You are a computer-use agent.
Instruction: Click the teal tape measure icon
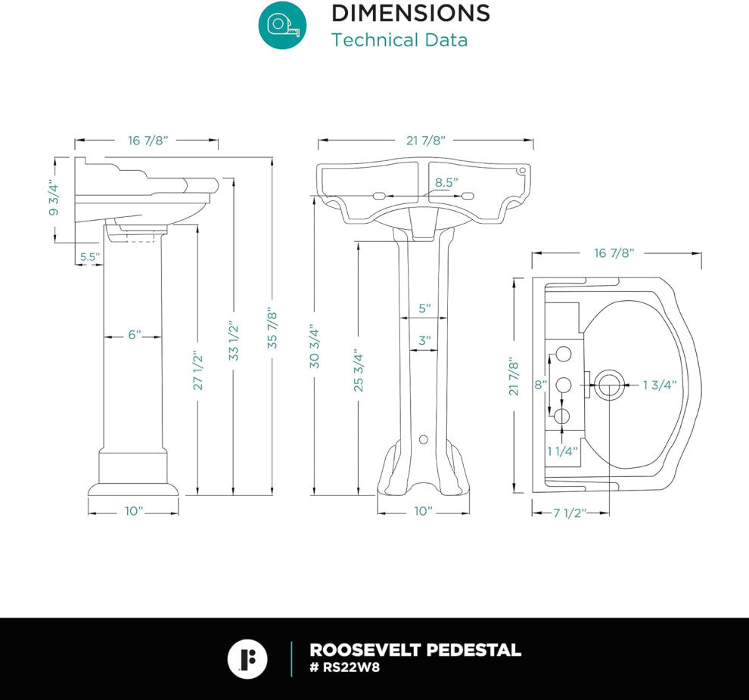[x=283, y=25]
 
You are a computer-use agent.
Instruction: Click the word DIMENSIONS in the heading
[x=411, y=13]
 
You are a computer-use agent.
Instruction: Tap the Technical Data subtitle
[x=399, y=40]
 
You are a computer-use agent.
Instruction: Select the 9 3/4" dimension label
[x=54, y=200]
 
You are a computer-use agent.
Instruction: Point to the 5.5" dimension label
[x=89, y=257]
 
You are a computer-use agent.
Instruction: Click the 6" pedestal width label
[x=134, y=335]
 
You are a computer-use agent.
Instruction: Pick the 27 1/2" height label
[x=197, y=372]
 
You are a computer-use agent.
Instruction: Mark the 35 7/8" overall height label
[x=272, y=328]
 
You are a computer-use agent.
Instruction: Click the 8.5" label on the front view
[x=446, y=182]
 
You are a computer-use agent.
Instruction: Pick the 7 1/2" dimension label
[x=570, y=513]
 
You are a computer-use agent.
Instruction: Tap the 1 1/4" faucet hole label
[x=563, y=451]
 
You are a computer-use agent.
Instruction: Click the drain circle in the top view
[x=608, y=385]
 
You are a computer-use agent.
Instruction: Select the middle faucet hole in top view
[x=564, y=385]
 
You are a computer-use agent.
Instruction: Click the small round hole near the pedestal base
[x=423, y=439]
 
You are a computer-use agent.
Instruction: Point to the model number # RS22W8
[x=345, y=667]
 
